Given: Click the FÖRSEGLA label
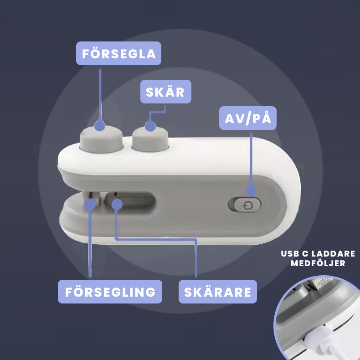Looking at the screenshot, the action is click(x=118, y=53).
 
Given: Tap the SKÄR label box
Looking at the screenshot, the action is click(x=166, y=92).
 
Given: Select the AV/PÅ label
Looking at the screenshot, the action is click(x=248, y=118).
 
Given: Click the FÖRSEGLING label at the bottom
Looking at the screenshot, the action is click(x=110, y=292).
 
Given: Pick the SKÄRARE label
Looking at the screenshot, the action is click(x=218, y=292).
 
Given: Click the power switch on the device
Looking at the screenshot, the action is click(x=244, y=205).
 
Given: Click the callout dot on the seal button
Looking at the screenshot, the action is click(x=100, y=126).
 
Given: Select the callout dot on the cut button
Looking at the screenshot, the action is click(x=150, y=126).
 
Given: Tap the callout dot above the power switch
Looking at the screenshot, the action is click(x=251, y=191).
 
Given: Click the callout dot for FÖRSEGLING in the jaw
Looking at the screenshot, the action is click(x=90, y=204).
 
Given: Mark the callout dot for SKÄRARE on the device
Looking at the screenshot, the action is click(x=117, y=205).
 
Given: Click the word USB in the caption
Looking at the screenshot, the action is click(x=290, y=254).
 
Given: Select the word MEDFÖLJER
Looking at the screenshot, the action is click(x=318, y=263).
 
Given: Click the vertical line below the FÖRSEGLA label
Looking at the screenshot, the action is click(x=100, y=95).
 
